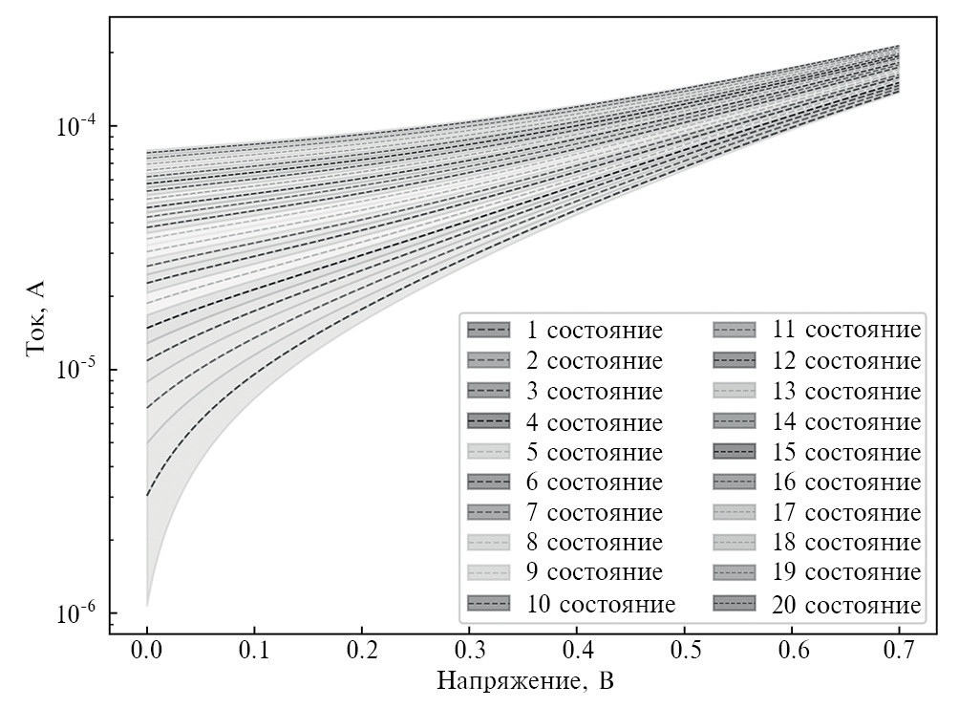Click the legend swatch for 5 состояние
pos(488,453)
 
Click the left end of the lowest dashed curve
pos(147,495)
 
